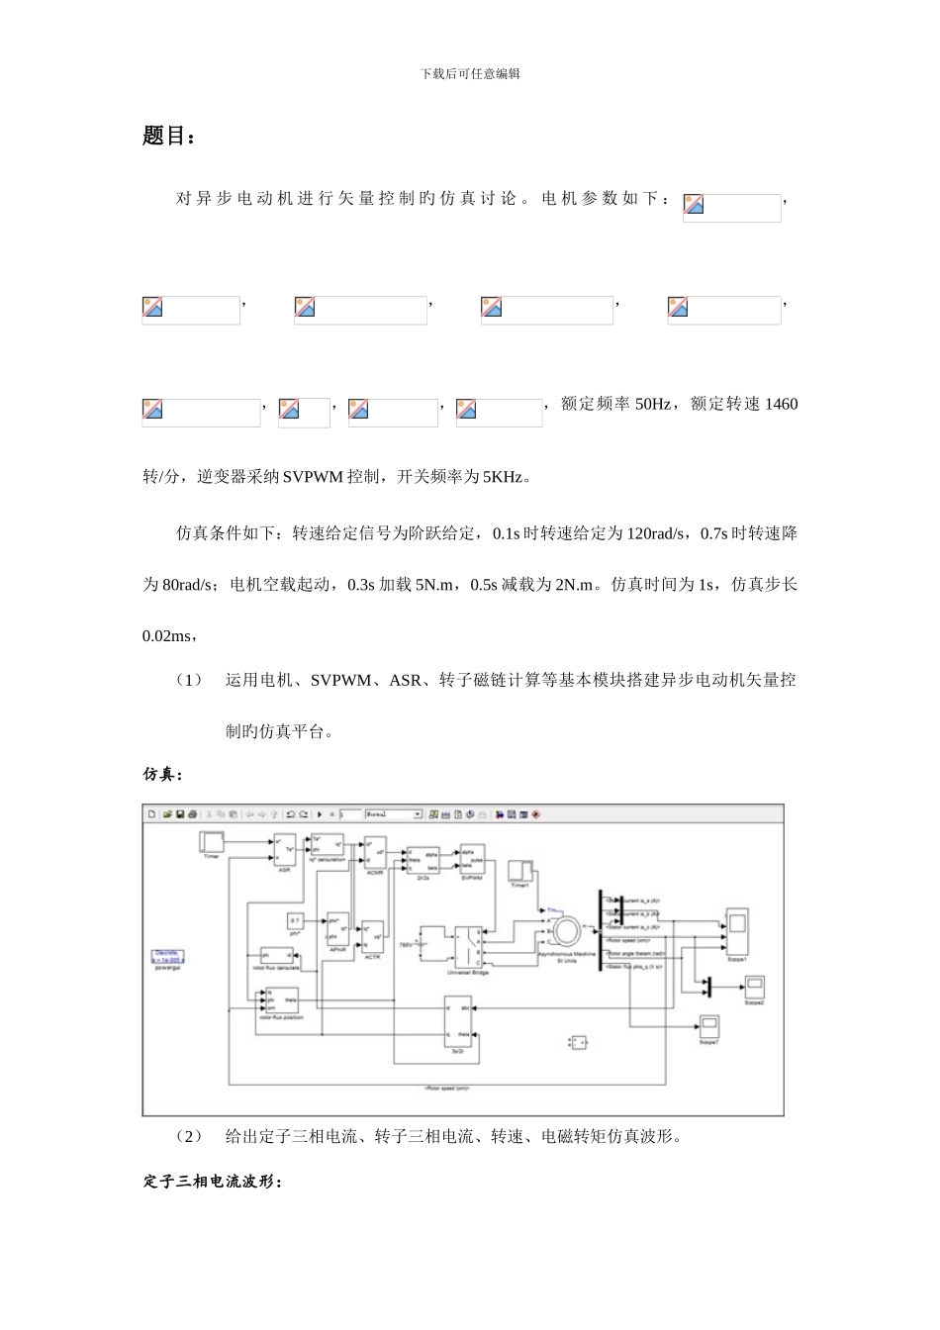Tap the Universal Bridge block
coord(468,947)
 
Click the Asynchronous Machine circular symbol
coord(568,930)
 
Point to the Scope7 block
coord(708,1026)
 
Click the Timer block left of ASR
coord(212,842)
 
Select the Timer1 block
coord(520,871)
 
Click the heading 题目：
coord(169,137)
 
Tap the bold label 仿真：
coord(164,774)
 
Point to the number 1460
coord(781,405)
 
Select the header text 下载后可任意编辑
coord(470,74)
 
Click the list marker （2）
coord(188,1136)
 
